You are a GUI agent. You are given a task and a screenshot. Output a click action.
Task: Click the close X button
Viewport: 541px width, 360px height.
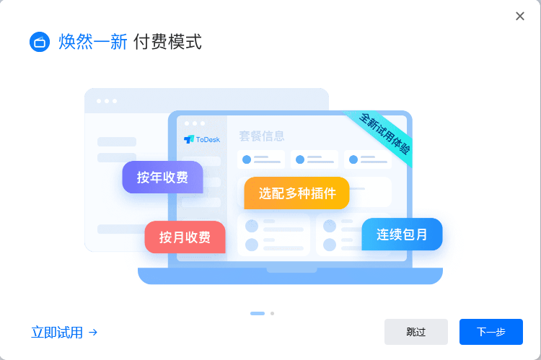point(520,16)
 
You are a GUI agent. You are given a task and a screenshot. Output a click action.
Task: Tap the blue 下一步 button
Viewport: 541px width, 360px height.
point(491,332)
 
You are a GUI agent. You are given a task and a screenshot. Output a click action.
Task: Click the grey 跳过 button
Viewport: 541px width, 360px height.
point(416,332)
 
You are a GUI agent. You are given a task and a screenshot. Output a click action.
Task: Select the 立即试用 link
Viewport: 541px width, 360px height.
point(57,333)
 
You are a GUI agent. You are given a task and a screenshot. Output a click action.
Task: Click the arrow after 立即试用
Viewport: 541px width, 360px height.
point(93,333)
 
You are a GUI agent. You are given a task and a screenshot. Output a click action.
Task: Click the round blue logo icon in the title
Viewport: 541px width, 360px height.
point(40,42)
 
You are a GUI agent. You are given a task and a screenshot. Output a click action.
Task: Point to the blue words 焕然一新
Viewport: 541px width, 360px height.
point(93,42)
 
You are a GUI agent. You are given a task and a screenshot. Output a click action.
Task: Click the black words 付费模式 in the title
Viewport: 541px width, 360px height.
point(167,42)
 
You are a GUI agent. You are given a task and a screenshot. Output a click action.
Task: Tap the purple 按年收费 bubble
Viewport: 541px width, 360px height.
point(162,177)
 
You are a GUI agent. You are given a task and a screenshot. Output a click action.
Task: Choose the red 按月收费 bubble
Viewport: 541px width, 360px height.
point(185,237)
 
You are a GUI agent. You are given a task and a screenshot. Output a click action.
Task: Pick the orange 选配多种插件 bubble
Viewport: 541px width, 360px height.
point(296,193)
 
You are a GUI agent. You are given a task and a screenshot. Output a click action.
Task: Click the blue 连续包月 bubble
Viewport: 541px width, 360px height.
point(402,234)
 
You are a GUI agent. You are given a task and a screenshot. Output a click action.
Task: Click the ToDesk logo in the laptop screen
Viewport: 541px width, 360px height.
point(202,139)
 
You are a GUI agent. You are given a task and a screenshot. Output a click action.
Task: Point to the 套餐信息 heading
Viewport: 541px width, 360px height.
point(261,136)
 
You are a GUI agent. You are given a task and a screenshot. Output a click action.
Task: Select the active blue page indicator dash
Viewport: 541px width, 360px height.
point(258,313)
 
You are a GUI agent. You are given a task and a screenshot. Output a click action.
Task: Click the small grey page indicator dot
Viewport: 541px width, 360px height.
point(272,313)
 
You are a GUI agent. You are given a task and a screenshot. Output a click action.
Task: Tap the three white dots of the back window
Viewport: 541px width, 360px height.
point(106,101)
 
